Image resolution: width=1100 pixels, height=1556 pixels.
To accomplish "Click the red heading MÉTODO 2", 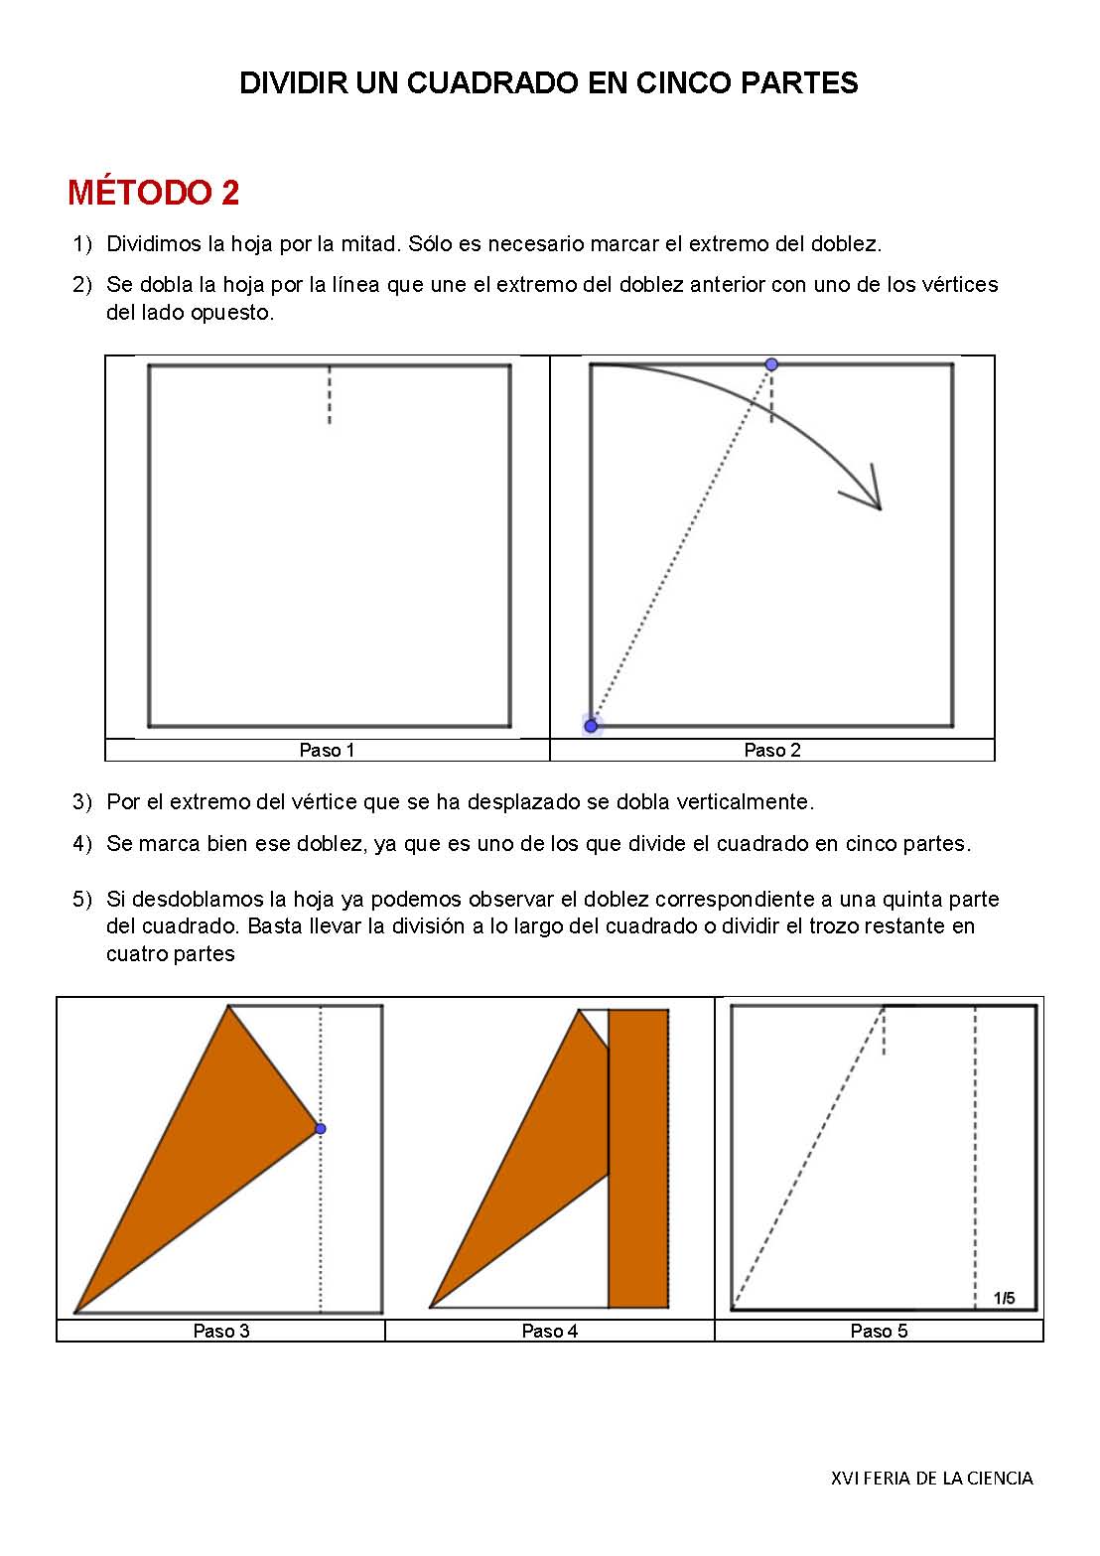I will pos(154,193).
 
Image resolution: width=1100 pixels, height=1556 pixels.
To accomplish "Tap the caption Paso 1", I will pos(327,751).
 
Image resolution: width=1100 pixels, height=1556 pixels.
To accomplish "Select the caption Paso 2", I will pos(771,751).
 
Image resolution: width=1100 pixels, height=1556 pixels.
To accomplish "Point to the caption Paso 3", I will pos(220,1332).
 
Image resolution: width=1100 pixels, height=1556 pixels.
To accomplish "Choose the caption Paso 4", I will pos(549,1332).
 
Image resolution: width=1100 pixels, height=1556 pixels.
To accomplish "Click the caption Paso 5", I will pos(879,1332).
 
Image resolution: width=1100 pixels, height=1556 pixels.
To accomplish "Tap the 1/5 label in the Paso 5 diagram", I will pos(1004,1298).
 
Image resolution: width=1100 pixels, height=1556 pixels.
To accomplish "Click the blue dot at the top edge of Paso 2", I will pos(771,364).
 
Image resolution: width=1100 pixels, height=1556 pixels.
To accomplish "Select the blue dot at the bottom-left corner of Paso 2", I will pos(592,726).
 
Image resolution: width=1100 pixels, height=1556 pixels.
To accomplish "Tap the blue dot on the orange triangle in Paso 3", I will pos(320,1128).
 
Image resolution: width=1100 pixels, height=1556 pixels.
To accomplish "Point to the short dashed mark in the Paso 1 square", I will pos(330,395).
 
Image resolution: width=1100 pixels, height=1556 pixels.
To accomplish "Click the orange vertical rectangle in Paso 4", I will pos(637,1158).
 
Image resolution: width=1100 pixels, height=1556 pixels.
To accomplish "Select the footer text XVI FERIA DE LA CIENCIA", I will pos(931,1479).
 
